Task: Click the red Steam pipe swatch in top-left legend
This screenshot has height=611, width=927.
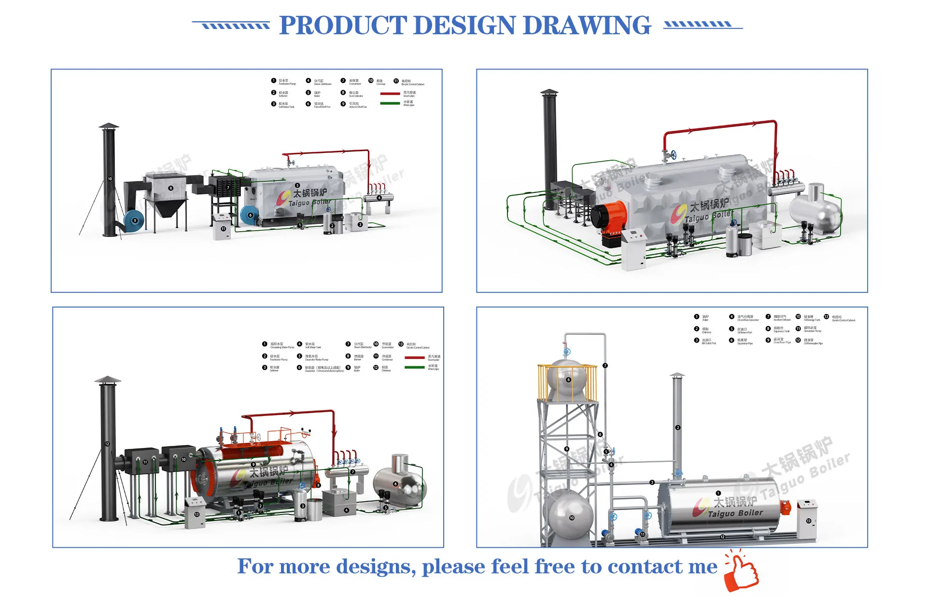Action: pyautogui.click(x=390, y=94)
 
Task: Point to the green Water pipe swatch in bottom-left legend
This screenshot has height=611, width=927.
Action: pyautogui.click(x=414, y=367)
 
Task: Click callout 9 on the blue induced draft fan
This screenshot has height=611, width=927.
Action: pyautogui.click(x=135, y=221)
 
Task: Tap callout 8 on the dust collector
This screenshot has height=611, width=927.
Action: pyautogui.click(x=170, y=188)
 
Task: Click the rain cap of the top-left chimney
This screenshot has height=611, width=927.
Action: pyautogui.click(x=109, y=126)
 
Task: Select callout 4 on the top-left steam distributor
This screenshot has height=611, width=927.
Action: pyautogui.click(x=379, y=198)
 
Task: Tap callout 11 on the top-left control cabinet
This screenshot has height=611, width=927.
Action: pyautogui.click(x=223, y=229)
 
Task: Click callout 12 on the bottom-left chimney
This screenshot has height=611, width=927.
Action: pyautogui.click(x=107, y=444)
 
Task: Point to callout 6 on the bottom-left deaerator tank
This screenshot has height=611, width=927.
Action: pyautogui.click(x=395, y=484)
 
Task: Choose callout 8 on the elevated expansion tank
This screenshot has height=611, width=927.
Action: pyautogui.click(x=568, y=380)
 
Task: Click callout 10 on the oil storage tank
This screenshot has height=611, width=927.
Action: pyautogui.click(x=572, y=518)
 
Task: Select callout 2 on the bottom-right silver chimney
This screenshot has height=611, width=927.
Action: pyautogui.click(x=678, y=428)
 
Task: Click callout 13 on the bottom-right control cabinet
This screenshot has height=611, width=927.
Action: pyautogui.click(x=809, y=521)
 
